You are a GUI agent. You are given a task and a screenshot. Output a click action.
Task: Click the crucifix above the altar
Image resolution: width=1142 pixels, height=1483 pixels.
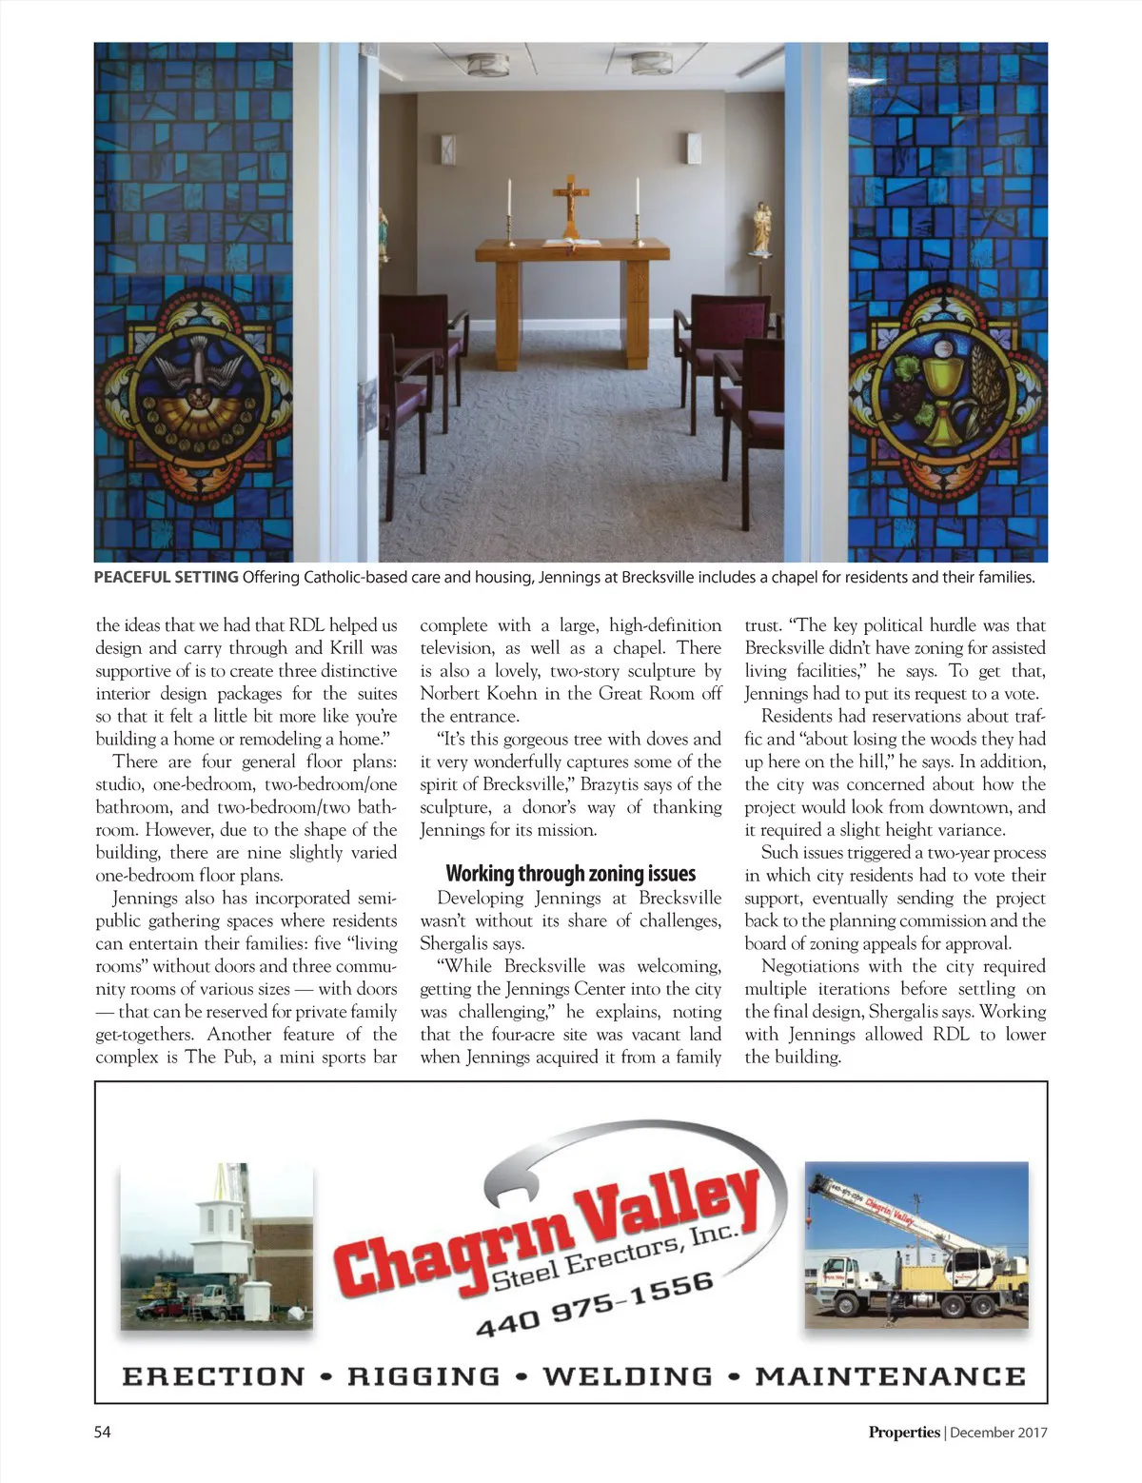571,203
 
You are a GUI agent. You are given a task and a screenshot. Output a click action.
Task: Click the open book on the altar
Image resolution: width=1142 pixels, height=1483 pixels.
571,244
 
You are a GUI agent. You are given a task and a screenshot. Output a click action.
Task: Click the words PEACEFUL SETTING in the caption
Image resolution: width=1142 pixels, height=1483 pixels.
166,577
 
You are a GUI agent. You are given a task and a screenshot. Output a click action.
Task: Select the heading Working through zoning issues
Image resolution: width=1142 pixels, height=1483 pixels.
570,873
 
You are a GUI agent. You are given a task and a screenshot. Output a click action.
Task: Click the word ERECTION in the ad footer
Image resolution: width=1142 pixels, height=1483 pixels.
213,1376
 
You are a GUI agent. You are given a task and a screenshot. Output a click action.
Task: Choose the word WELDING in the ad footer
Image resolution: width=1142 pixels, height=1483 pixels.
627,1376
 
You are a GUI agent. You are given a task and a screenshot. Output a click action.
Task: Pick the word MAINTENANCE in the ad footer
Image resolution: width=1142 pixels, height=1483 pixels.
890,1376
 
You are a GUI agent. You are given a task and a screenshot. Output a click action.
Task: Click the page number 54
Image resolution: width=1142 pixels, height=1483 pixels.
102,1432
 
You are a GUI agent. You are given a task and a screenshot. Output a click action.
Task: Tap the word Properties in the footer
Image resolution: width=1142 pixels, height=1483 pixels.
903,1432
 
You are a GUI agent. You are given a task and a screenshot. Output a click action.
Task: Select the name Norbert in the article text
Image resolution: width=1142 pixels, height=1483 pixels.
451,693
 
